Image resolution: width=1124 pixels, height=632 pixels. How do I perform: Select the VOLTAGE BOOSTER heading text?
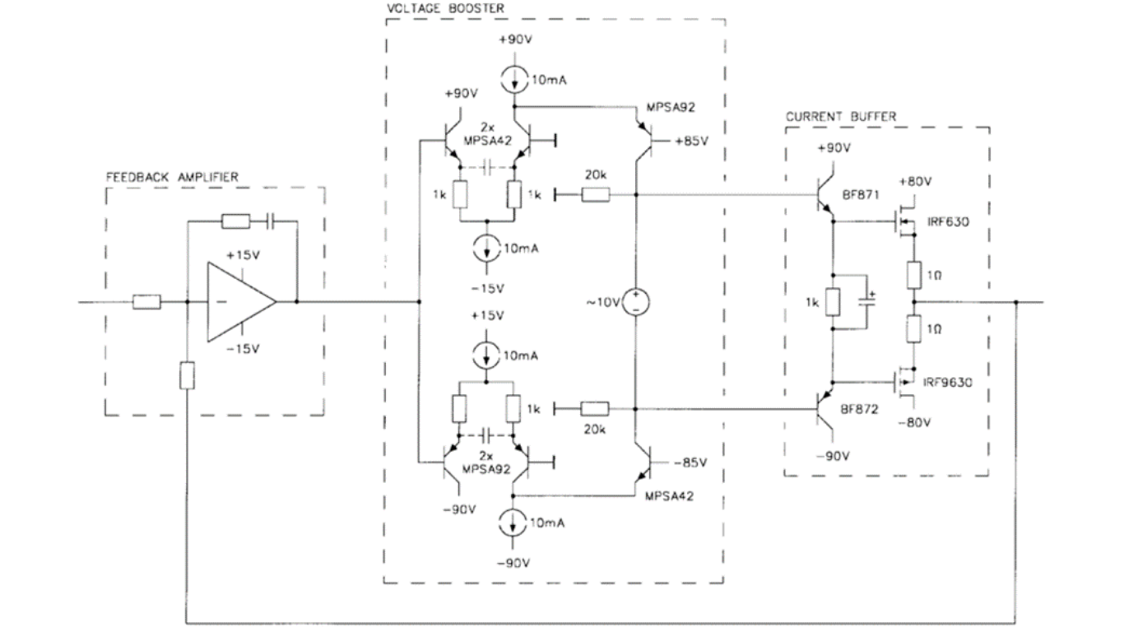point(445,7)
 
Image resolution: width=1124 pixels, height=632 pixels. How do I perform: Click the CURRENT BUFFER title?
point(840,117)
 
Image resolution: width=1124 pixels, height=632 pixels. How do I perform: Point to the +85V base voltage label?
point(690,141)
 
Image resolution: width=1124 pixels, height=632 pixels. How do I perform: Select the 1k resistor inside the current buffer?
point(832,302)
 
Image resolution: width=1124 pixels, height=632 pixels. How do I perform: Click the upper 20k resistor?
point(595,195)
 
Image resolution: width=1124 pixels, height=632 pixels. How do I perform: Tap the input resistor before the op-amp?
point(146,302)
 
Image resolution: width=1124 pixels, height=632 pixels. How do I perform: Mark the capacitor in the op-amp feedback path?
point(271,221)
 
